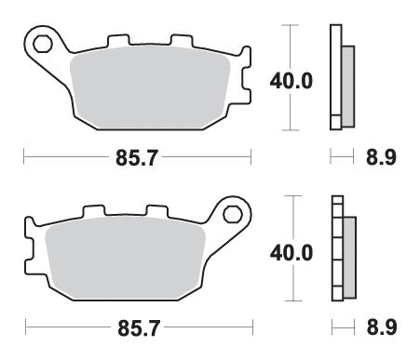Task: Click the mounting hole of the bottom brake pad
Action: pyautogui.click(x=229, y=212)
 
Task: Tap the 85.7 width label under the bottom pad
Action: pyautogui.click(x=136, y=327)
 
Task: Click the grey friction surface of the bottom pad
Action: pyautogui.click(x=126, y=260)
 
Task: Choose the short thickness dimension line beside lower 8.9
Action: pyautogui.click(x=342, y=327)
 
